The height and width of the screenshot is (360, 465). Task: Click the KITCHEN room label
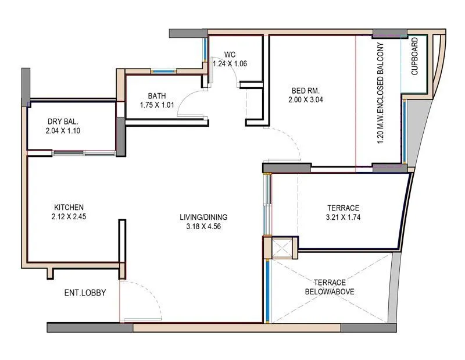pyautogui.click(x=69, y=207)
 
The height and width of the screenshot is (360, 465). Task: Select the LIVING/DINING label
pyautogui.click(x=201, y=217)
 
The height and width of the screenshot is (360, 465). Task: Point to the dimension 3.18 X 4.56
pyautogui.click(x=201, y=226)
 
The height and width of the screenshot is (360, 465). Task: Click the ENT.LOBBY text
pyautogui.click(x=85, y=293)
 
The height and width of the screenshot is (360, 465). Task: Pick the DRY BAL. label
pyautogui.click(x=63, y=122)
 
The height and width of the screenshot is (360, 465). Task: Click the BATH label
pyautogui.click(x=157, y=96)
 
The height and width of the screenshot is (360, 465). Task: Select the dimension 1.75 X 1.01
pyautogui.click(x=157, y=105)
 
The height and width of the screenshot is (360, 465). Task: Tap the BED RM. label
pyautogui.click(x=305, y=90)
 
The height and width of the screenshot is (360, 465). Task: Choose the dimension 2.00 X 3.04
pyautogui.click(x=305, y=99)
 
